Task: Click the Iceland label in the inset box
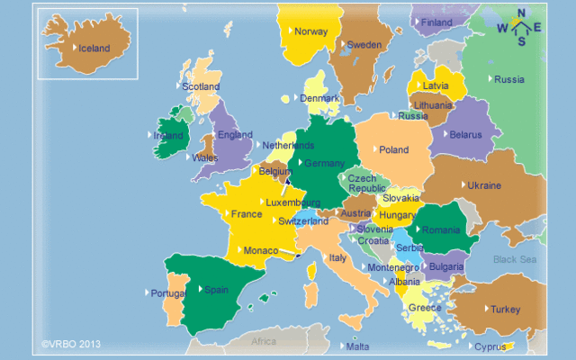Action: (94, 48)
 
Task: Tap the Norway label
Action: (311, 31)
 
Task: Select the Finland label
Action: (437, 22)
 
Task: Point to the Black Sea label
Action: (514, 260)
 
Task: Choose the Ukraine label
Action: (484, 185)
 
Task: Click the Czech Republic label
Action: (367, 184)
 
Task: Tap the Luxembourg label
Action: (293, 203)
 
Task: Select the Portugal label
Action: (169, 293)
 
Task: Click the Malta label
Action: (357, 346)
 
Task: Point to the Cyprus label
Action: (491, 346)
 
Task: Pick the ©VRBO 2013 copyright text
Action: (71, 344)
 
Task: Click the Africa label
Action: (264, 342)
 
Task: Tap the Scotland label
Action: (201, 86)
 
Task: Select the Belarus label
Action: (465, 135)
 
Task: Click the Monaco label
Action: (261, 250)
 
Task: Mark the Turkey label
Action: (505, 310)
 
